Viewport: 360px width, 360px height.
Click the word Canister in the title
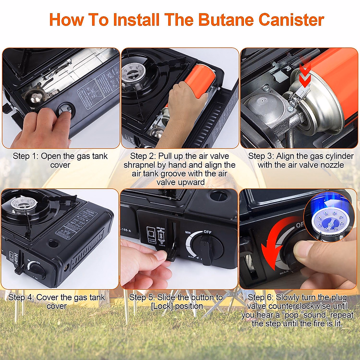coord(291,20)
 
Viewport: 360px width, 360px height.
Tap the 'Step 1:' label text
coord(25,156)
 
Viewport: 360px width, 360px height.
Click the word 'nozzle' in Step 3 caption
coord(328,165)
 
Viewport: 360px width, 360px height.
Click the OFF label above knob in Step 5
coord(208,232)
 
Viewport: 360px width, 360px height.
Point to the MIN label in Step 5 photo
coord(188,232)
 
